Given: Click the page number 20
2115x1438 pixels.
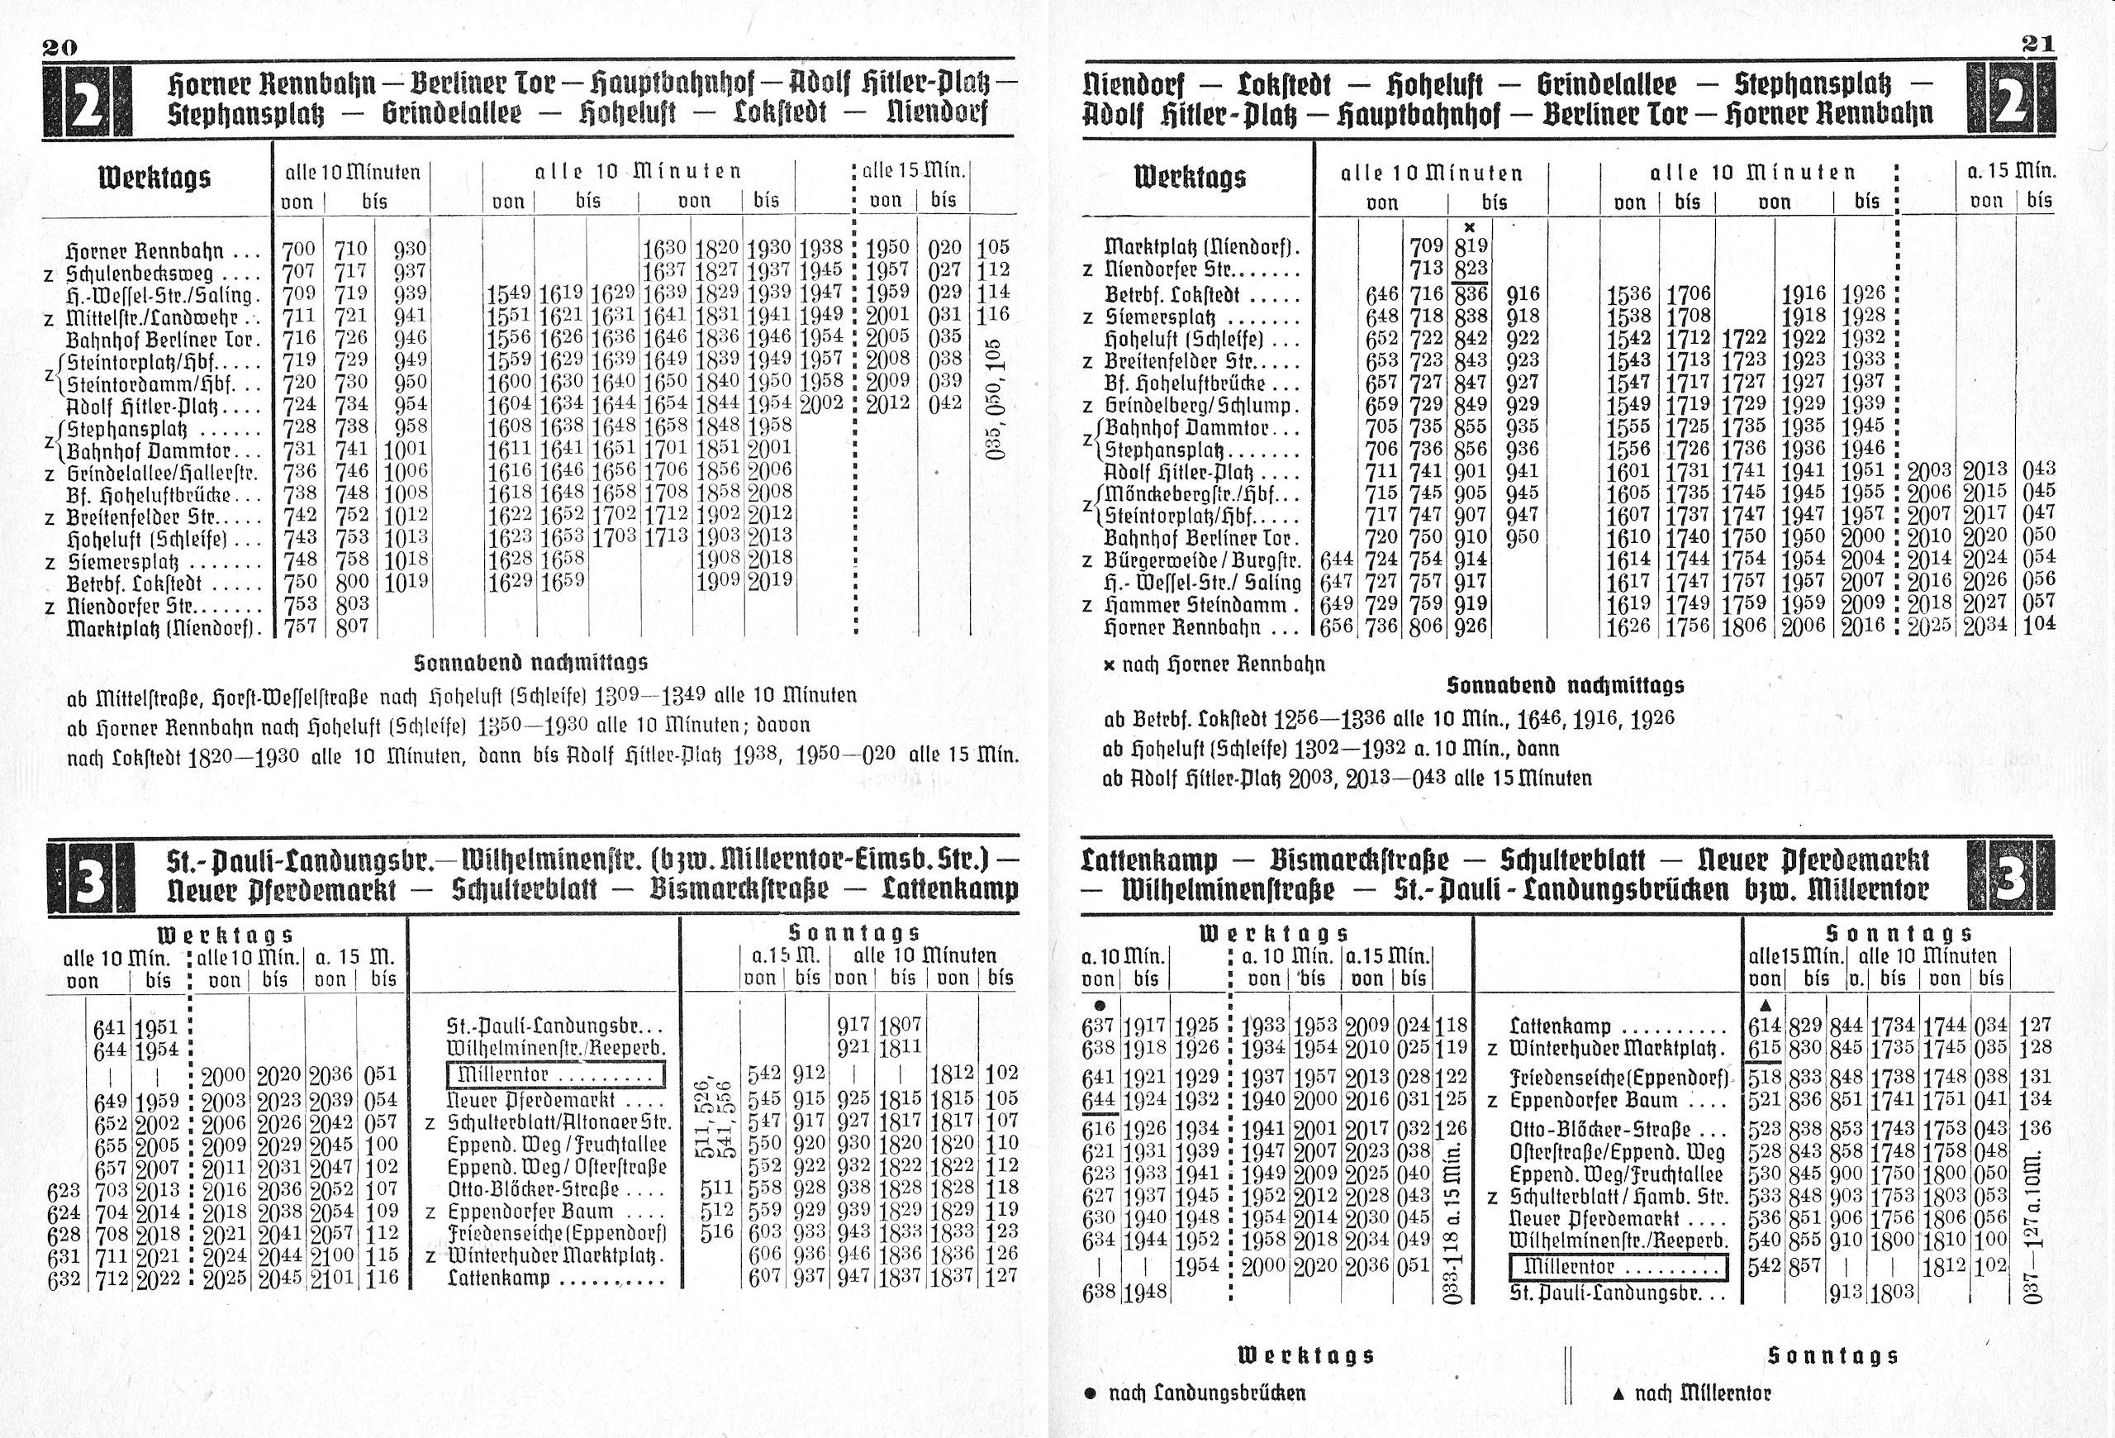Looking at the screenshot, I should coord(61,47).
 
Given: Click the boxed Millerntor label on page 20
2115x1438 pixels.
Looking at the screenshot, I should coord(555,1076).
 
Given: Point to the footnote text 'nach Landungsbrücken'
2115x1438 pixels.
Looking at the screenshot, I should coord(1206,1393).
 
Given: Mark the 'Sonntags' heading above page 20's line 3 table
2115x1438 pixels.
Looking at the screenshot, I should coord(853,933).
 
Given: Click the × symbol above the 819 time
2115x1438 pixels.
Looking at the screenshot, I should coord(1469,226).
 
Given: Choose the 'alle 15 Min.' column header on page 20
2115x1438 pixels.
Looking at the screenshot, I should coord(913,170).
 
